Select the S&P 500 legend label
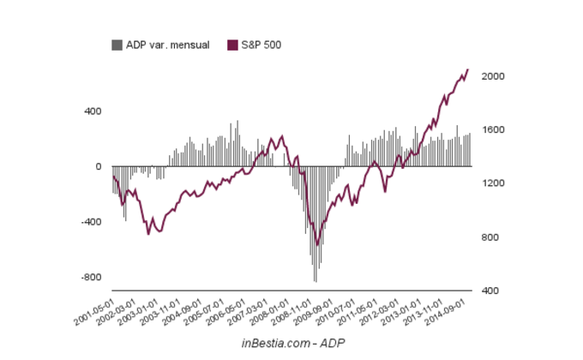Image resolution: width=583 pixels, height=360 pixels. [x=261, y=45]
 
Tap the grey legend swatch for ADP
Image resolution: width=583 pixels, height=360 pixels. [x=117, y=45]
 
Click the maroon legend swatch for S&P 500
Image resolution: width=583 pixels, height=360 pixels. [x=231, y=45]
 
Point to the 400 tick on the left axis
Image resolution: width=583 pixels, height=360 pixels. [x=92, y=111]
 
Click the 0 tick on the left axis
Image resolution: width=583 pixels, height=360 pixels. [x=98, y=166]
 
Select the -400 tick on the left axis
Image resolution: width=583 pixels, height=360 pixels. [x=90, y=222]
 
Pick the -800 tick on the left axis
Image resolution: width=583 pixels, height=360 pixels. [x=90, y=278]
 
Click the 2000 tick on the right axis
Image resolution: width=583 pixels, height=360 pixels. [x=493, y=76]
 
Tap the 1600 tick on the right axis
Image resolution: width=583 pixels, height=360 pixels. [x=493, y=130]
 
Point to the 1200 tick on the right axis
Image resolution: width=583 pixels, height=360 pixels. [x=493, y=183]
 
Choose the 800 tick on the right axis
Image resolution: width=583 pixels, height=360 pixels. [x=490, y=237]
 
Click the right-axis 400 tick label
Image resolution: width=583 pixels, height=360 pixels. [x=490, y=291]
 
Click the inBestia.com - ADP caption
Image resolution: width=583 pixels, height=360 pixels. [x=292, y=342]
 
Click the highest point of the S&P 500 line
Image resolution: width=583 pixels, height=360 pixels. [x=468, y=69]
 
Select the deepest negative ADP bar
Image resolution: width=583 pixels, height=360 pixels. [x=316, y=280]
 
